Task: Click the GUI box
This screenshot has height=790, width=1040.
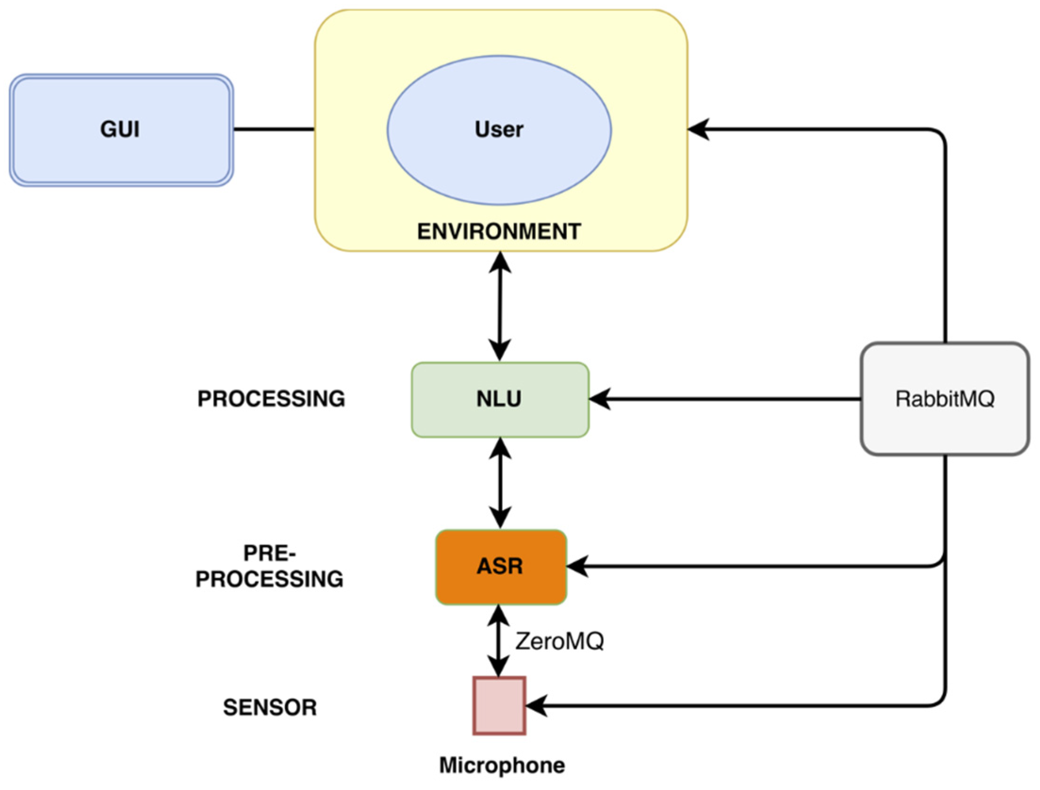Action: (x=121, y=130)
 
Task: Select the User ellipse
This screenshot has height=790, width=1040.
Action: (x=499, y=130)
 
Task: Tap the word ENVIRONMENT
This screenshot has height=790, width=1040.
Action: (x=499, y=232)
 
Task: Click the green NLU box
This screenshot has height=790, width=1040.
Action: (x=500, y=399)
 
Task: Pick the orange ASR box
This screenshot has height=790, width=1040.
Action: (x=500, y=567)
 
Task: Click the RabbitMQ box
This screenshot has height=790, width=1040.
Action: (x=944, y=399)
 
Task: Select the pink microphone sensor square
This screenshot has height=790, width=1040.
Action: (x=499, y=705)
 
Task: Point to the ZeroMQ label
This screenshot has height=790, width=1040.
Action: (x=559, y=641)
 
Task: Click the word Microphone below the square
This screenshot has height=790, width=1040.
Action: (x=502, y=765)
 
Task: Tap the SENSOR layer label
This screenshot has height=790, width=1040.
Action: (x=270, y=708)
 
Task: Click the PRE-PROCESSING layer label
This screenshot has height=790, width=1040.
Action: (x=270, y=566)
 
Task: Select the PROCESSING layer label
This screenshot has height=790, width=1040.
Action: (x=271, y=399)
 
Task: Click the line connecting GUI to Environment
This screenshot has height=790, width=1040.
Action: (x=274, y=129)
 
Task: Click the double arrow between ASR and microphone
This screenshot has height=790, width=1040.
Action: (x=499, y=641)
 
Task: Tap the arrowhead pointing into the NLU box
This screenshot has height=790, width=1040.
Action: (x=599, y=399)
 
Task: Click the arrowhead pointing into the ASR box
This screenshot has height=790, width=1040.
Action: (x=577, y=566)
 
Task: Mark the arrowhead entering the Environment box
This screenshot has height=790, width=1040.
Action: (x=698, y=129)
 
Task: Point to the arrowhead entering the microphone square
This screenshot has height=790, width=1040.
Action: (x=536, y=706)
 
